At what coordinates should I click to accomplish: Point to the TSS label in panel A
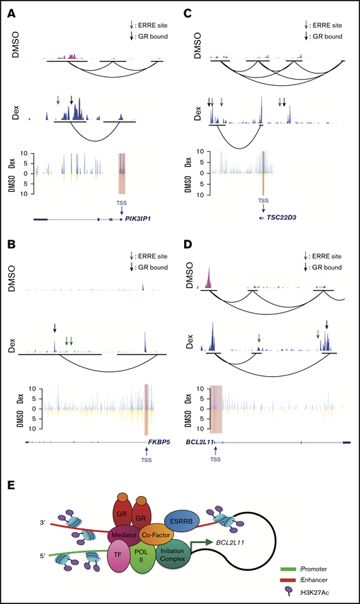pos(122,202)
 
